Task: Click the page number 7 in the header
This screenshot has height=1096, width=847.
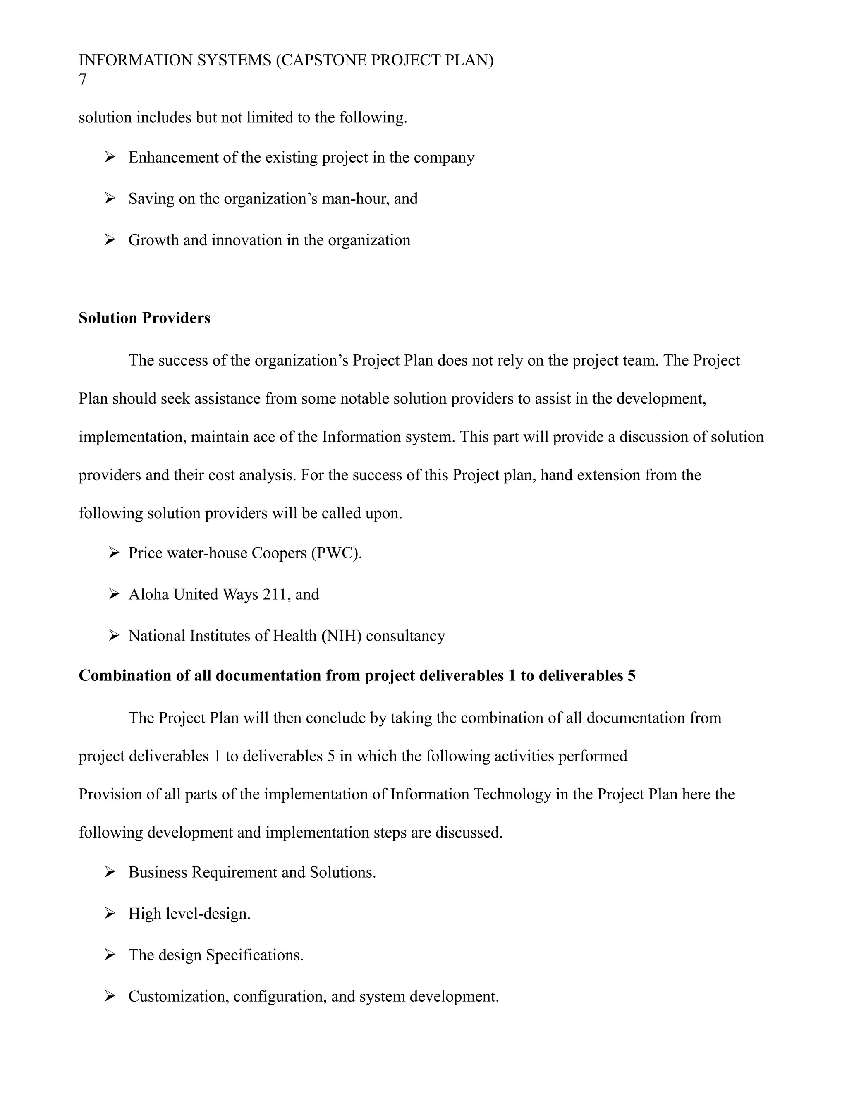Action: pyautogui.click(x=83, y=80)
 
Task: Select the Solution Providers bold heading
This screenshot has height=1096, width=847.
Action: pyautogui.click(x=144, y=318)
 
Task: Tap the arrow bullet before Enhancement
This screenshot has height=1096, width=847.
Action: pyautogui.click(x=110, y=158)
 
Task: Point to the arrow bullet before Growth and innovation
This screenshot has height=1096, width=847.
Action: pyautogui.click(x=110, y=240)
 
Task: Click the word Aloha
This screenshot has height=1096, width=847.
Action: pyautogui.click(x=148, y=594)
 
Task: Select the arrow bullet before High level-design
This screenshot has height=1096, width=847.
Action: pyautogui.click(x=110, y=913)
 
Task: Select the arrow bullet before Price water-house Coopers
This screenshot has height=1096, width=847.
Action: pyautogui.click(x=113, y=553)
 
